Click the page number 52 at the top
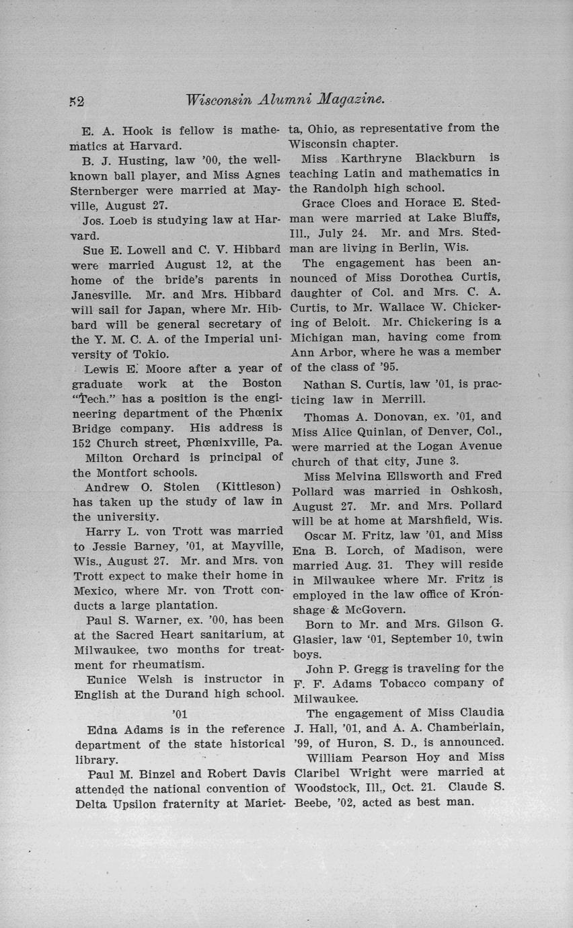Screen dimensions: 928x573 pyautogui.click(x=75, y=102)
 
